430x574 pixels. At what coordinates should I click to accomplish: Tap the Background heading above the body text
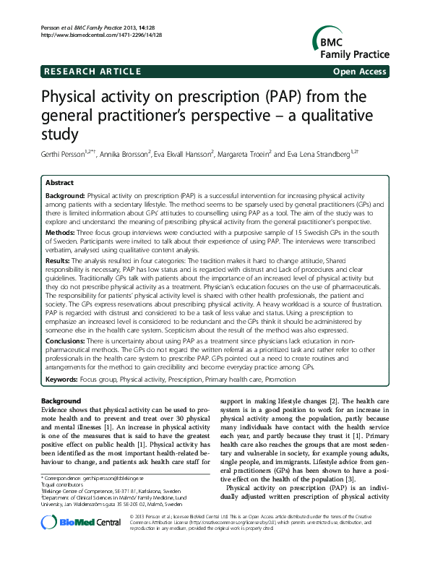click(61, 400)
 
